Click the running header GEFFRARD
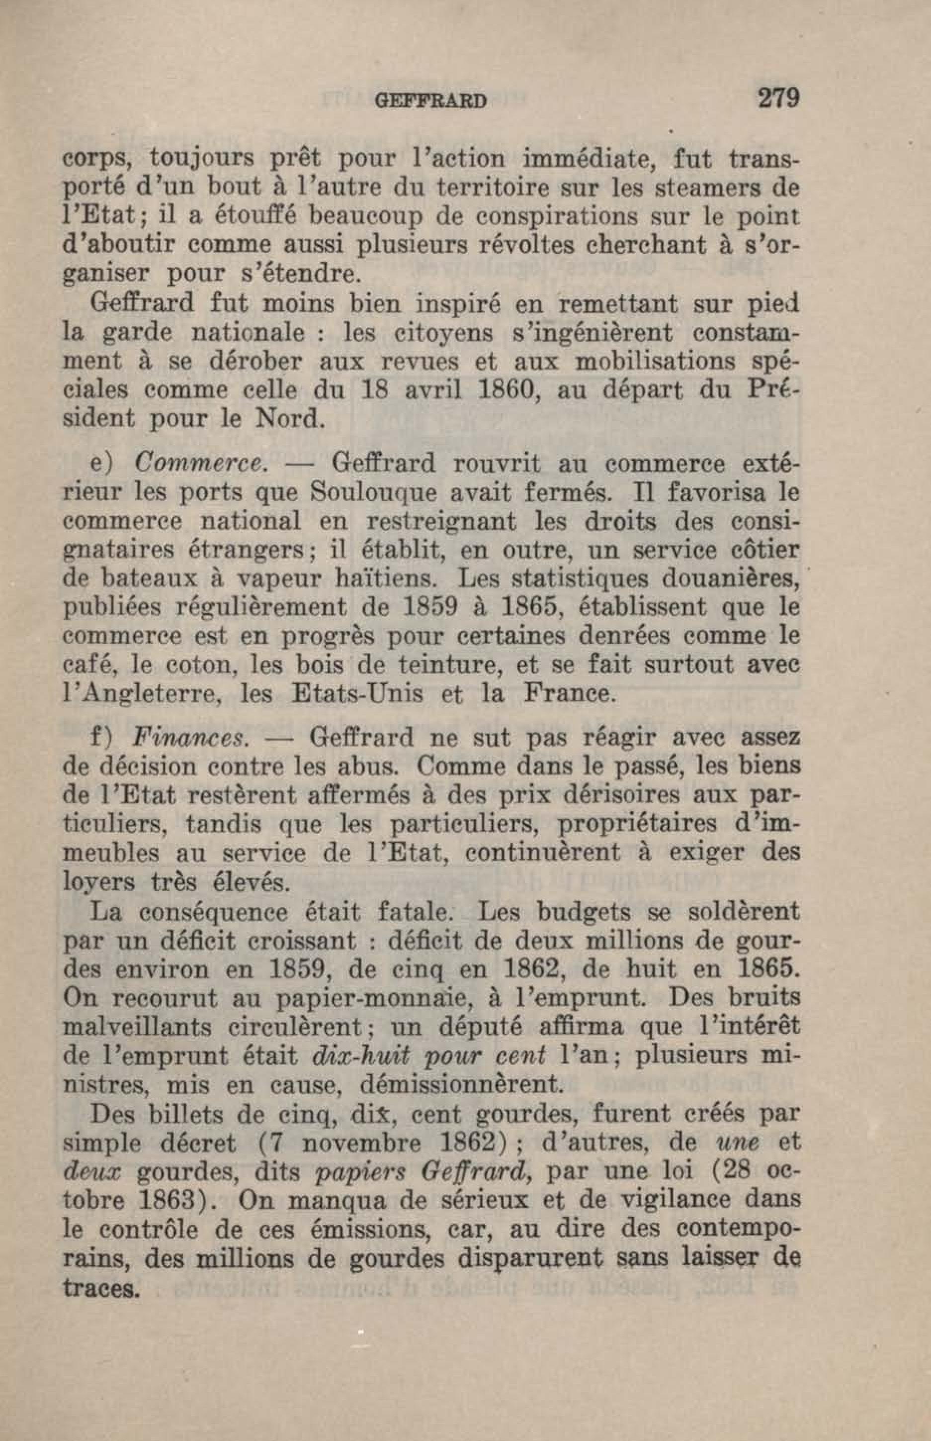tap(430, 100)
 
